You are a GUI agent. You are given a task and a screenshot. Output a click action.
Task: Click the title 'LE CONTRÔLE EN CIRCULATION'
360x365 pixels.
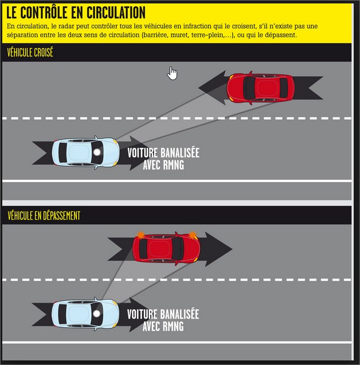[x=76, y=13]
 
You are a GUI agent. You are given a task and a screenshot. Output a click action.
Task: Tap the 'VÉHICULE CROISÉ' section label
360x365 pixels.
[x=30, y=52]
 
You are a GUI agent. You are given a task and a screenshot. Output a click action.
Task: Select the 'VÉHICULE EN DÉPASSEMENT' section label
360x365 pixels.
[x=44, y=215]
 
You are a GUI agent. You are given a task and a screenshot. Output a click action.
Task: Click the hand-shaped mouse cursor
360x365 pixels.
[x=173, y=73]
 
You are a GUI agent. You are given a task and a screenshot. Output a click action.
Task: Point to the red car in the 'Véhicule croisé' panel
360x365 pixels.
[x=261, y=88]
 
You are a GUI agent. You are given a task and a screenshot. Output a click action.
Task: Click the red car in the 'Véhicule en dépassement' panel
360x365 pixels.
[x=166, y=248]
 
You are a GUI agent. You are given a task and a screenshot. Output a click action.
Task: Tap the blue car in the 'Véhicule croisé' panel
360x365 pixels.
[x=85, y=152]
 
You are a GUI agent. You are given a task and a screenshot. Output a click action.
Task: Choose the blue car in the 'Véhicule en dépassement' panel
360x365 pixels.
[x=85, y=313]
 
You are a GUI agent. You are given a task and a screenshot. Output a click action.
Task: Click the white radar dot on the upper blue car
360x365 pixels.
[x=97, y=152]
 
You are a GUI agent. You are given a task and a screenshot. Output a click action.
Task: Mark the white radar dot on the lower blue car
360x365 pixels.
[x=96, y=313]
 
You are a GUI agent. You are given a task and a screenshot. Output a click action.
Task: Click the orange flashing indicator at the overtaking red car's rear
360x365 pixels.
[x=140, y=236]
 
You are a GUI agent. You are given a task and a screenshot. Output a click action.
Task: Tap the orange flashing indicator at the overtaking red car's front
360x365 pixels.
[x=193, y=236]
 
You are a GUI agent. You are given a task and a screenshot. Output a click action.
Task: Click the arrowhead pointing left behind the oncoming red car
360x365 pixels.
[x=212, y=88]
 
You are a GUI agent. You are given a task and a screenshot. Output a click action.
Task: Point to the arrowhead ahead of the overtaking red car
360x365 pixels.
[x=218, y=249]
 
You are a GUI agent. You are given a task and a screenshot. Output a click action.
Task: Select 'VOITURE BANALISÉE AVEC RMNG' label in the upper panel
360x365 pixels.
[x=163, y=159]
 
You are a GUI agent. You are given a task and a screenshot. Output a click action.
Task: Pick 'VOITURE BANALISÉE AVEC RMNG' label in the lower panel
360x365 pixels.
[x=163, y=320]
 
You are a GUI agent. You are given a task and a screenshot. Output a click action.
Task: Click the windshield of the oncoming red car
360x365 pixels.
[x=249, y=88]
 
